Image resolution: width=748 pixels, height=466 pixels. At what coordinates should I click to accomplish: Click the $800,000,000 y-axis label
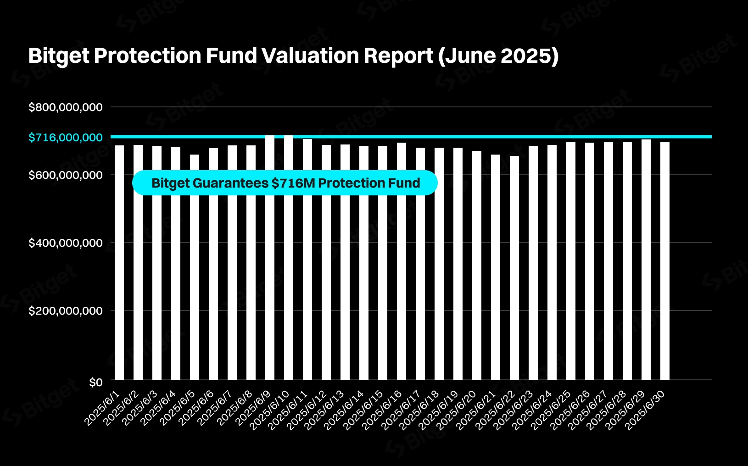pos(66,107)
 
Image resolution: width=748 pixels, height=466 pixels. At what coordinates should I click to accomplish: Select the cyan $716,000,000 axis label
pos(66,138)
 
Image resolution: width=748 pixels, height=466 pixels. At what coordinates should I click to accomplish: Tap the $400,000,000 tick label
pos(66,243)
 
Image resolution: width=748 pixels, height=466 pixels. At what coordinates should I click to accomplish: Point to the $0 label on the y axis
pos(95,383)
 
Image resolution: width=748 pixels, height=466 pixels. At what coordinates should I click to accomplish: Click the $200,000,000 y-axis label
pos(66,311)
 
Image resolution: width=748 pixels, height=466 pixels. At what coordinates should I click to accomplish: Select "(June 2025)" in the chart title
pos(498,56)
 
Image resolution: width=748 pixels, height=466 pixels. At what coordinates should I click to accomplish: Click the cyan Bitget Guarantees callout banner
pos(285,183)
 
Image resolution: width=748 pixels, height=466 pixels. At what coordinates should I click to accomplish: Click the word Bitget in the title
pos(59,56)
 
